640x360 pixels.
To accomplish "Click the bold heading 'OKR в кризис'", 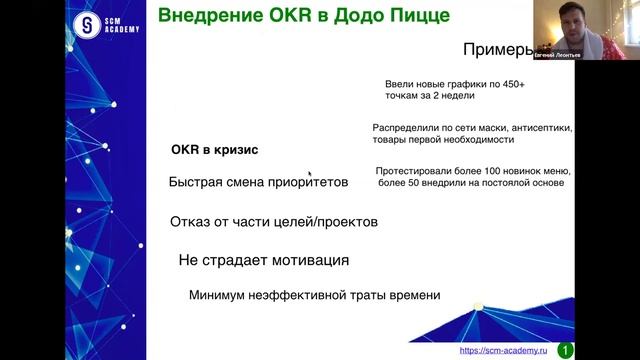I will click(x=214, y=150).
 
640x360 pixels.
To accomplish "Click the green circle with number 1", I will click(x=566, y=350).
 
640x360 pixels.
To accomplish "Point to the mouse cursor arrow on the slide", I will click(x=310, y=172).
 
